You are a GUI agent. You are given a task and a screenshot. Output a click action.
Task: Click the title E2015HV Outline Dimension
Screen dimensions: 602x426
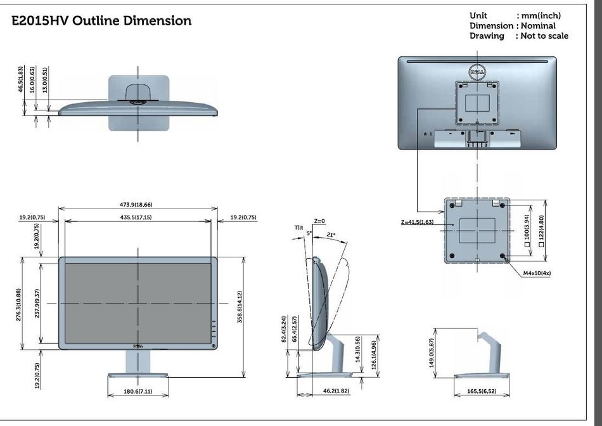pyautogui.click(x=101, y=20)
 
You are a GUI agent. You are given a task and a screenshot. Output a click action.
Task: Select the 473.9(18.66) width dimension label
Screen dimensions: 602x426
pyautogui.click(x=139, y=205)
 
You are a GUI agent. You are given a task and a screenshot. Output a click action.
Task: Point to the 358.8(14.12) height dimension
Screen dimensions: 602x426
pyautogui.click(x=240, y=307)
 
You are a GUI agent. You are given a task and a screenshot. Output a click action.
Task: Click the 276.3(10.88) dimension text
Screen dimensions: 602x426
pyautogui.click(x=19, y=305)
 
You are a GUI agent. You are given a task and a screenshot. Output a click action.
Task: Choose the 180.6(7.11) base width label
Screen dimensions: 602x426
pyautogui.click(x=138, y=391)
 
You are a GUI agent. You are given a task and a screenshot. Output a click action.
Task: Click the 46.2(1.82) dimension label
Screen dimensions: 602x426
pyautogui.click(x=336, y=391)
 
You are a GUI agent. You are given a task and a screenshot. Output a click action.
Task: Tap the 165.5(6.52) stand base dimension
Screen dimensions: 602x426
pyautogui.click(x=482, y=391)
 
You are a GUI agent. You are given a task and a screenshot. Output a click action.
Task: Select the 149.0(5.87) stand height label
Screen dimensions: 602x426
pyautogui.click(x=431, y=352)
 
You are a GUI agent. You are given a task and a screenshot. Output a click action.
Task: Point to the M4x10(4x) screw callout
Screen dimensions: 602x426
pyautogui.click(x=537, y=273)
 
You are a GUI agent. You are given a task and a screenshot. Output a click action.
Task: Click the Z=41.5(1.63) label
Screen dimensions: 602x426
pyautogui.click(x=417, y=222)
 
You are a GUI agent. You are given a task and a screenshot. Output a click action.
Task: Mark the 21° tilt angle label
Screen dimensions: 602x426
pyautogui.click(x=331, y=235)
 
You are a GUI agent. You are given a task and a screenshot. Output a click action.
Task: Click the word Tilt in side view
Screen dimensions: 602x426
pyautogui.click(x=298, y=228)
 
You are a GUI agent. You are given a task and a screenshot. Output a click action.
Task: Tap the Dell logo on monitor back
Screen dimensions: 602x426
pyautogui.click(x=477, y=72)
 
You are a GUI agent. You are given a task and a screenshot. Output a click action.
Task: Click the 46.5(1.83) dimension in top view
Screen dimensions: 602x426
pyautogui.click(x=20, y=79)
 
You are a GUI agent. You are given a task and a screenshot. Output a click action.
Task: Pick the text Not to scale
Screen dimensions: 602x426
pyautogui.click(x=544, y=35)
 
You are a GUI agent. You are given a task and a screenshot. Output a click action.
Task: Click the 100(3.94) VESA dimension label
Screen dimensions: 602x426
pyautogui.click(x=527, y=227)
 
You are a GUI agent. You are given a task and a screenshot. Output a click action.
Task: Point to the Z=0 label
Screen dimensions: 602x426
pyautogui.click(x=319, y=221)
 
